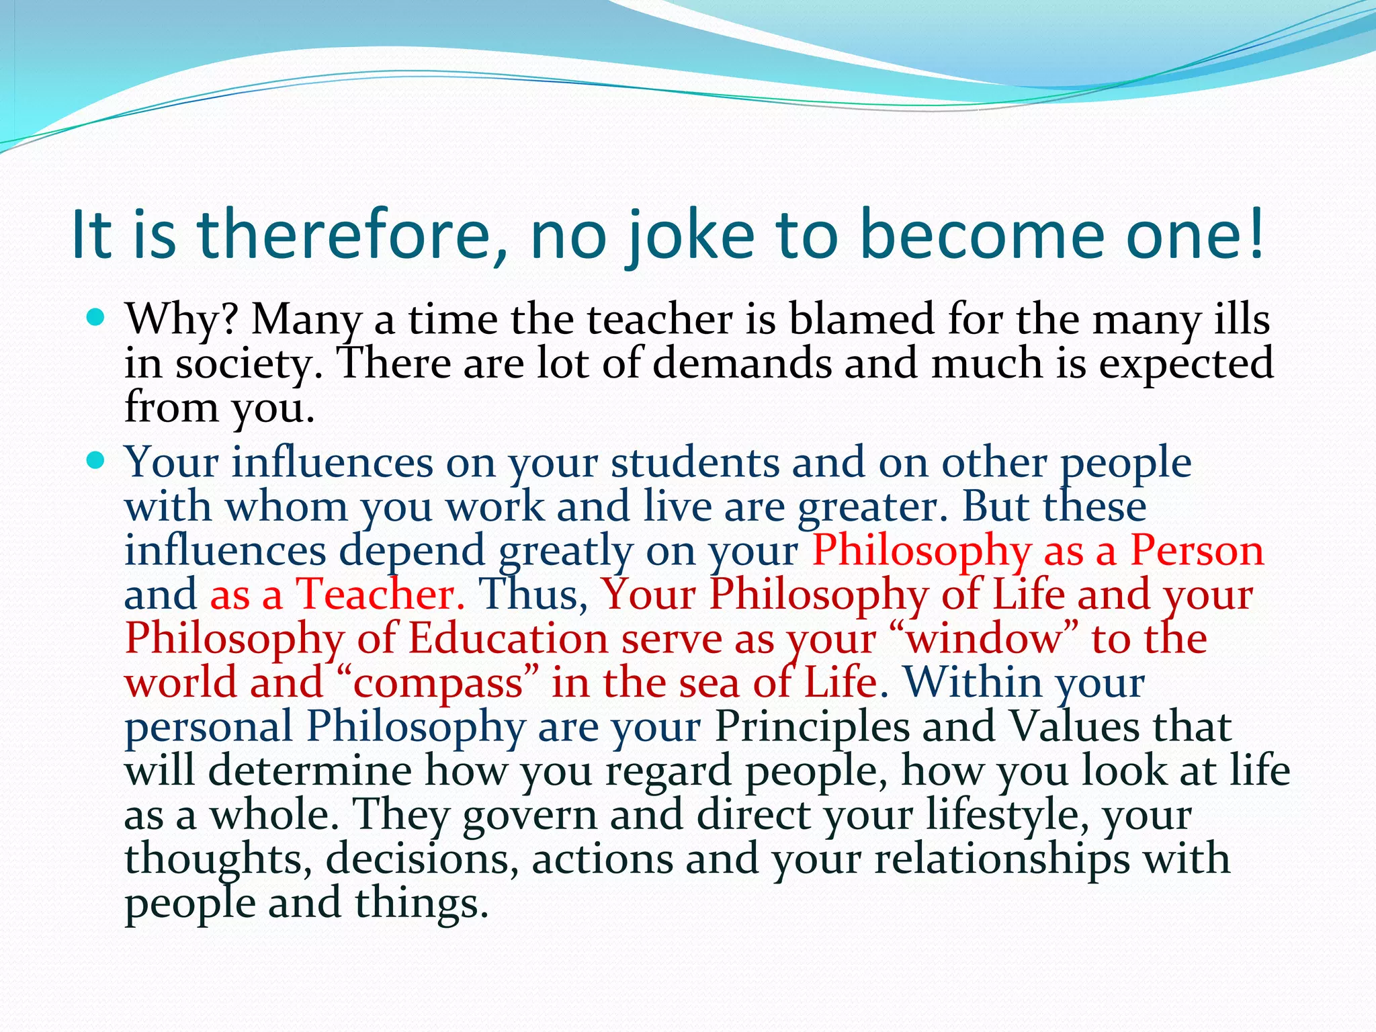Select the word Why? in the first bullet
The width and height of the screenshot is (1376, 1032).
point(181,318)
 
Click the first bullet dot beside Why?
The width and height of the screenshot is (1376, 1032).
point(96,316)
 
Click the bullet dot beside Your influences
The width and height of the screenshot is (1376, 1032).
point(96,461)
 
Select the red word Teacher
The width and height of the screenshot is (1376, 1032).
point(380,595)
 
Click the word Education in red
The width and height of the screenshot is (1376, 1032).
point(508,638)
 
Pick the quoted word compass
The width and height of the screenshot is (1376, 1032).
point(437,683)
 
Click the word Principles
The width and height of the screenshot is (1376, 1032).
point(811,727)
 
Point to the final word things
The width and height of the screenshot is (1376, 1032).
point(421,903)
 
